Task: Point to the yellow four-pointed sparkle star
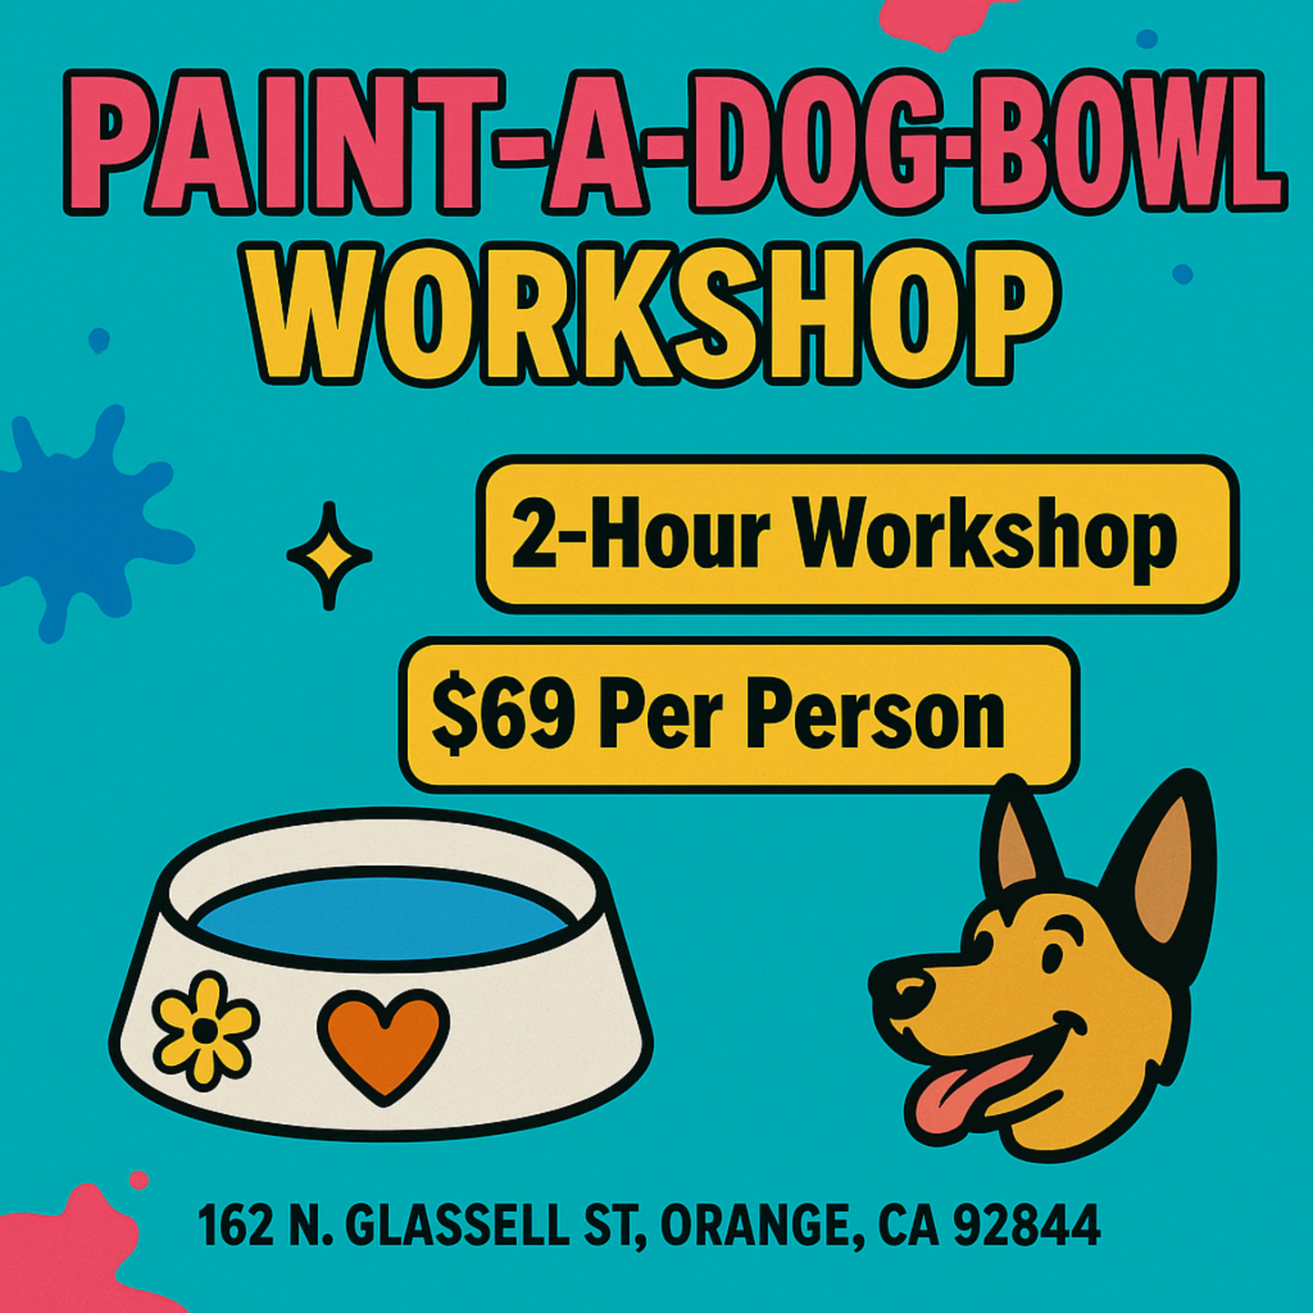[329, 555]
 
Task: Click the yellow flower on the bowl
[205, 1030]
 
